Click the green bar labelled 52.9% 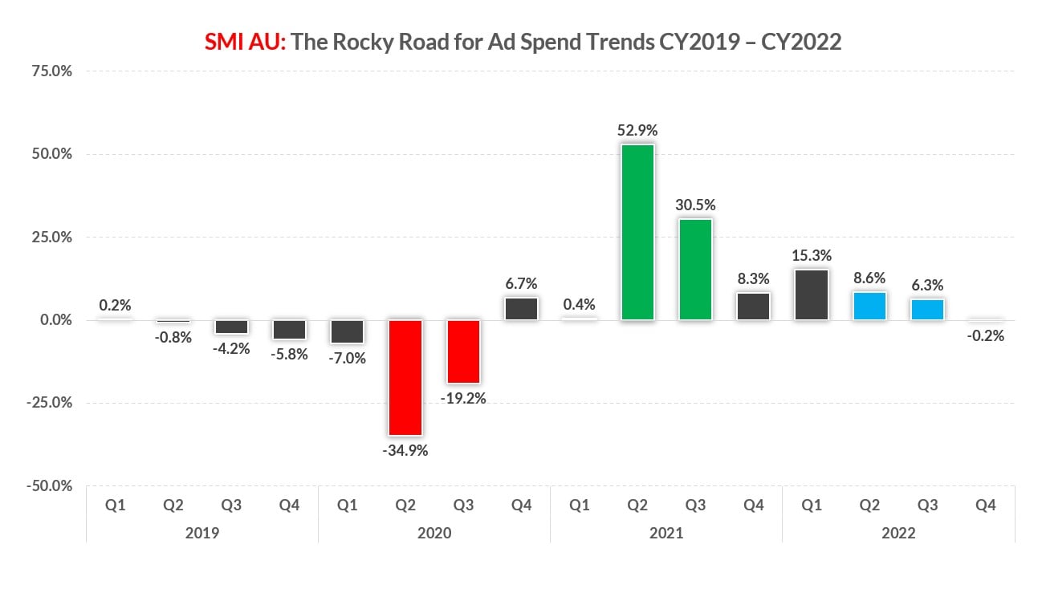tap(637, 233)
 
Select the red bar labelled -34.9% tap(405, 377)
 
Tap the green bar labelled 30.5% tap(695, 270)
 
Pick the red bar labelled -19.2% tap(463, 351)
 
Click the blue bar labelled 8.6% tap(869, 306)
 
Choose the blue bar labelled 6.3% tap(927, 310)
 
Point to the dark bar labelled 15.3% tap(812, 294)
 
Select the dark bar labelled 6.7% tap(521, 309)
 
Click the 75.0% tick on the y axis tap(51, 71)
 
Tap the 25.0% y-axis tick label tap(51, 237)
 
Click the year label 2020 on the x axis tap(434, 532)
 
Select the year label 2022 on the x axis tap(898, 532)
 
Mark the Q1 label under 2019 tap(116, 506)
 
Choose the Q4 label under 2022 tap(985, 506)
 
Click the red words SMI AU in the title tap(244, 42)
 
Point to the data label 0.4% tap(580, 305)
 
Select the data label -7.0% tap(348, 358)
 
